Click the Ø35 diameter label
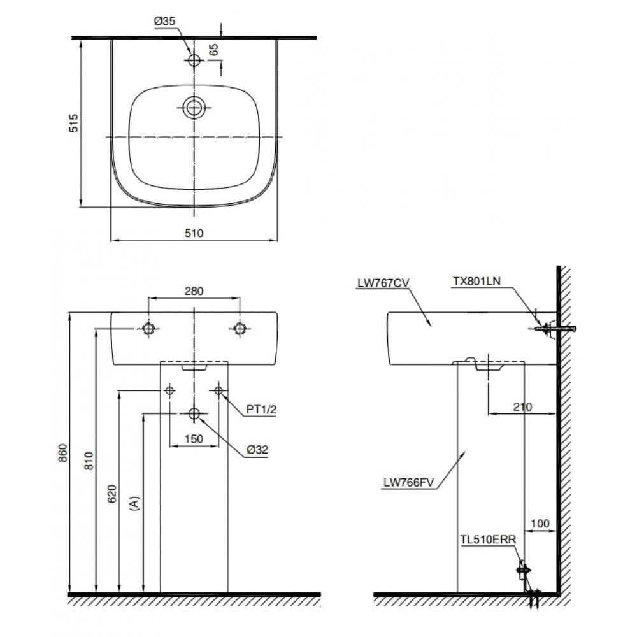(164, 21)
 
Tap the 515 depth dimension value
(73, 123)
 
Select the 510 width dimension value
(194, 233)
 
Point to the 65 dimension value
(213, 50)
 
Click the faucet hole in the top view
(194, 60)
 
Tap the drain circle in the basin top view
(194, 108)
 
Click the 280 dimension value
(194, 291)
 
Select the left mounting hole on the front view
(148, 328)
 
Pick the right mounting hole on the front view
(240, 328)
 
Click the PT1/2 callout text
(261, 410)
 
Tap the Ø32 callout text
(257, 449)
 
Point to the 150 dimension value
(194, 439)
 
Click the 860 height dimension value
(62, 452)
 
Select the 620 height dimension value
(111, 494)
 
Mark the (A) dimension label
(134, 503)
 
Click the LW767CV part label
(383, 283)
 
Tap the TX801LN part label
(476, 281)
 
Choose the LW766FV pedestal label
(409, 483)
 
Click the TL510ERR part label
(488, 540)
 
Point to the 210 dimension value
(522, 406)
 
